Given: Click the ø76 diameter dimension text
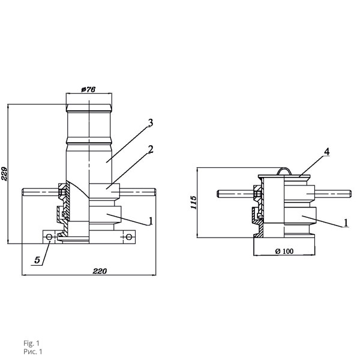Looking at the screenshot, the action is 88,89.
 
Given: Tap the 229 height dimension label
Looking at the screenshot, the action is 4,174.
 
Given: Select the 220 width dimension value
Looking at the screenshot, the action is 100,271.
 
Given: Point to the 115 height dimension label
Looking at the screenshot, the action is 194,202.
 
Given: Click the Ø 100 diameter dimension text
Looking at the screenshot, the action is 284,251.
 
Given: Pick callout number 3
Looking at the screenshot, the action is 151,123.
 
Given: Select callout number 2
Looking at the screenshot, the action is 151,149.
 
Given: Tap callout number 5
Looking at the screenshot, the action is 37,260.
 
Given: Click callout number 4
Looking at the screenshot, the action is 327,152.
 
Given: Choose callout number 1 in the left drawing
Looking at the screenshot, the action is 151,221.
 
